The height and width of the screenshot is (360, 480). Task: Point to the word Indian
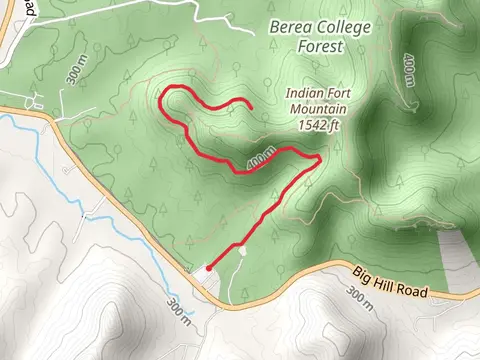(x=305, y=93)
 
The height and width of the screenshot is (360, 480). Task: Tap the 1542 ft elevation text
(x=321, y=126)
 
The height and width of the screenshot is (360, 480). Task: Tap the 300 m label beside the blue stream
(x=178, y=311)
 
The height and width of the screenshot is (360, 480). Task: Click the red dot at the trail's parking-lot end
(x=207, y=269)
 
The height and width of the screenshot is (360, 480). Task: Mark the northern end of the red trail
(x=249, y=107)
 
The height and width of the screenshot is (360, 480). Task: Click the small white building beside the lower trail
(x=244, y=251)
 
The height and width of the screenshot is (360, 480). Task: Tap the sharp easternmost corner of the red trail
(x=319, y=158)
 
